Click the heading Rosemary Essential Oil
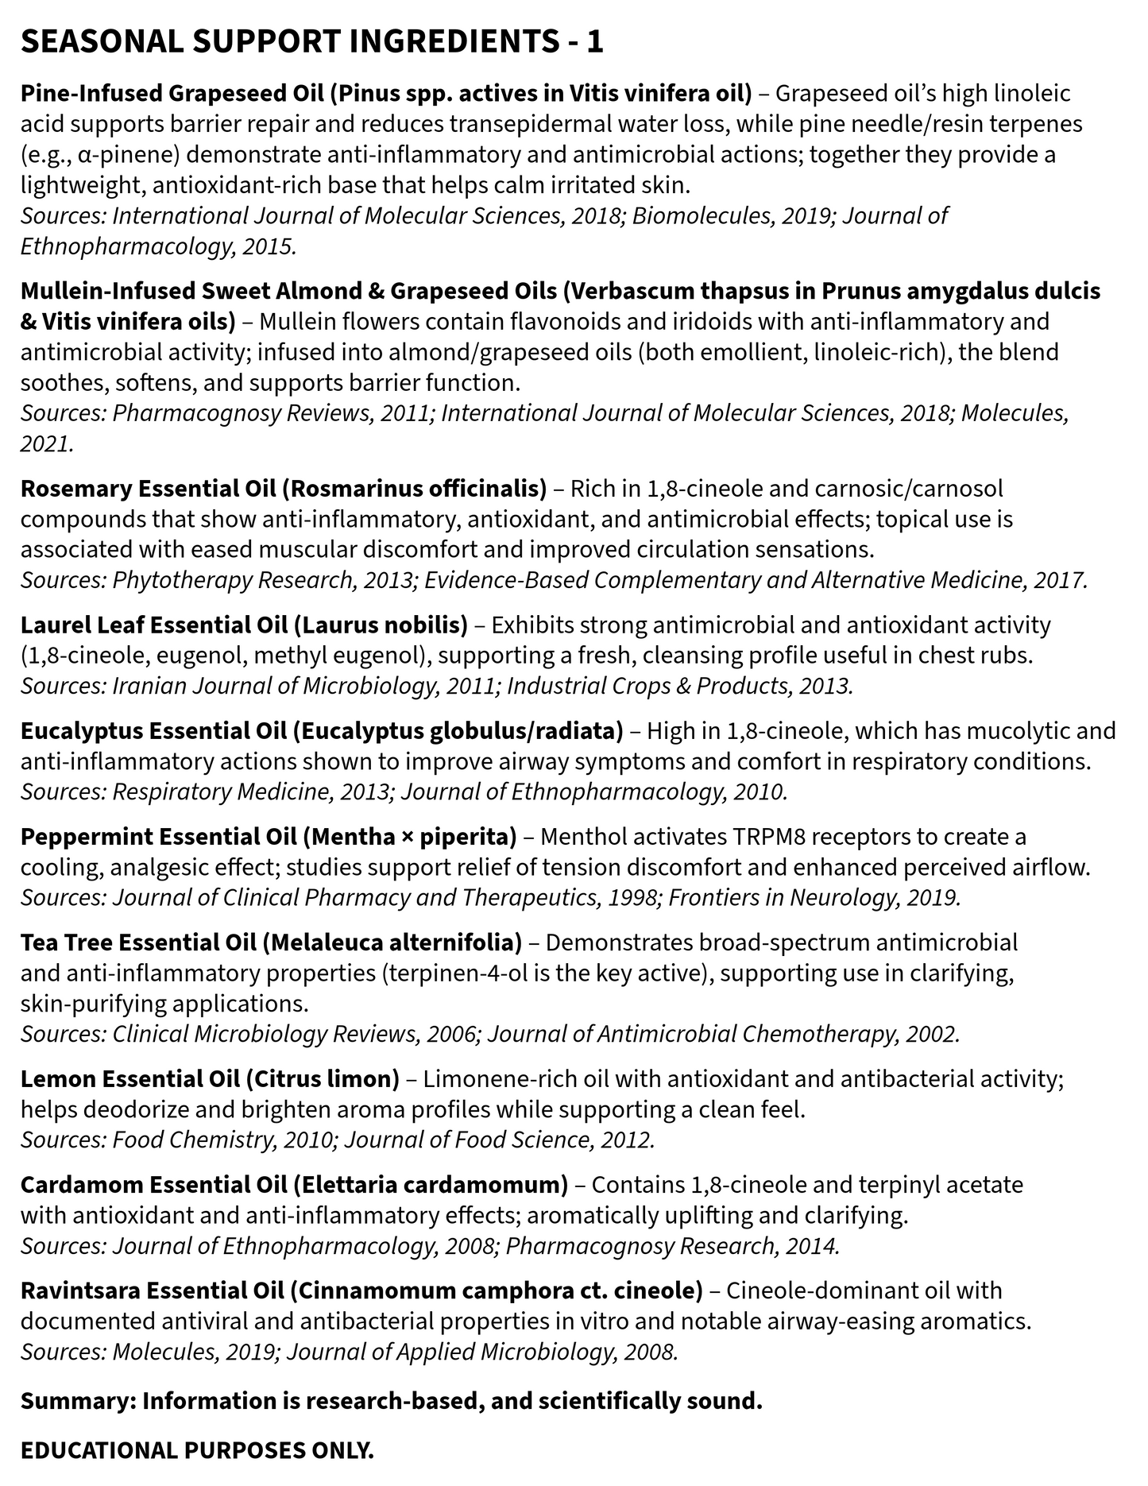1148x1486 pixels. [148, 488]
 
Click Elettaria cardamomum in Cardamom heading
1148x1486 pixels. [431, 1185]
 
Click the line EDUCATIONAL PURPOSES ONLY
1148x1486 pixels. [197, 1450]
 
